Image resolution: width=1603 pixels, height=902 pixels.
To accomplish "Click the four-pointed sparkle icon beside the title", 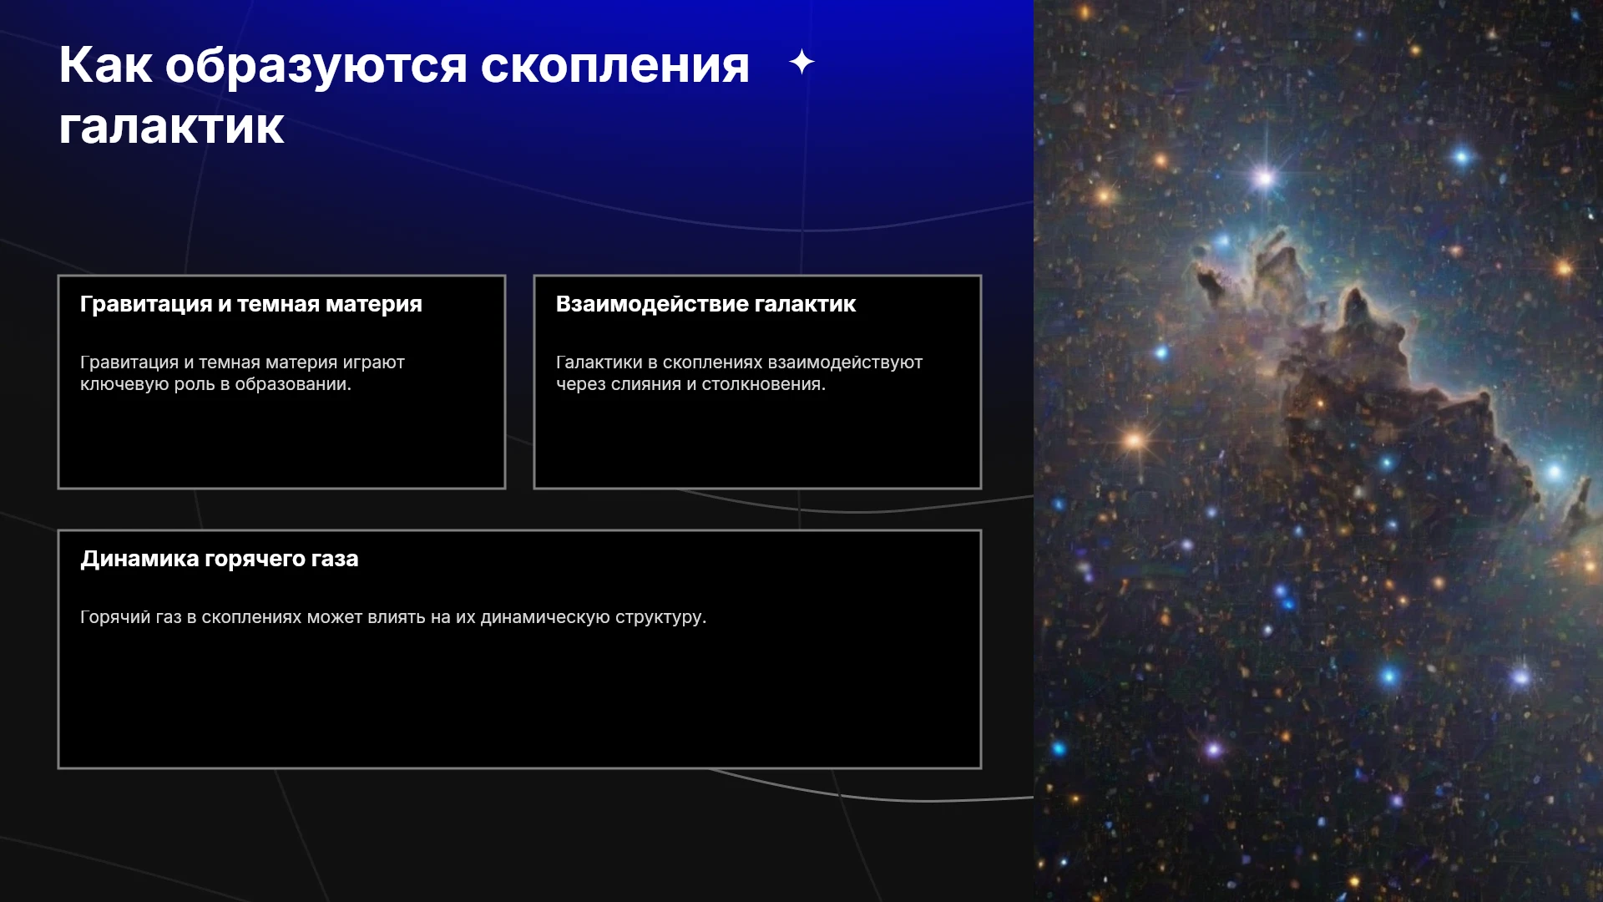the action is point(801,62).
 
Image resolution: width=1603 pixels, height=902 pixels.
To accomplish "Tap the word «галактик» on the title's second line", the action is point(171,127).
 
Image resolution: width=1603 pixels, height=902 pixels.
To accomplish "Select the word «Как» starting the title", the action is point(105,65).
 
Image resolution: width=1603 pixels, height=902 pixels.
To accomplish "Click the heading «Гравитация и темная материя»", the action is point(251,304).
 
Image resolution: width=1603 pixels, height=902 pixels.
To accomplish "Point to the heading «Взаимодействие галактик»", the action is point(706,304).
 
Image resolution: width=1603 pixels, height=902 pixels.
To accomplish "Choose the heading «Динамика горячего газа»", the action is point(220,559).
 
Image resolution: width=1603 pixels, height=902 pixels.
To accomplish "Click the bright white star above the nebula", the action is point(1264,178).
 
